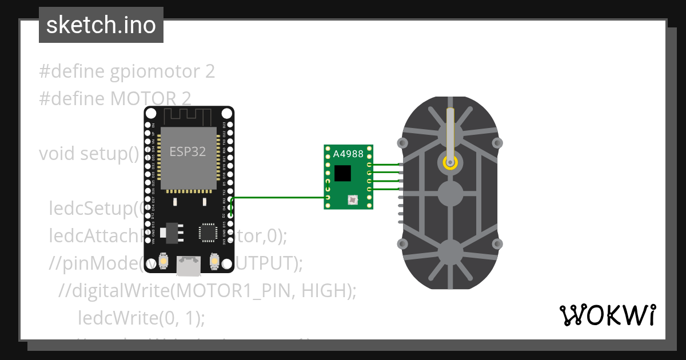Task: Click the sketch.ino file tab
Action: tap(101, 25)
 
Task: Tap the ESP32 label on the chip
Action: tap(188, 151)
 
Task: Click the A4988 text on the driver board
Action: tap(347, 154)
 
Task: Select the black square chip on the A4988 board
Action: tap(343, 173)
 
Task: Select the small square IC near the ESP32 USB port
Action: tap(207, 233)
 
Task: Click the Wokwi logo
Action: tap(607, 315)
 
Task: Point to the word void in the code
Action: tap(57, 154)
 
